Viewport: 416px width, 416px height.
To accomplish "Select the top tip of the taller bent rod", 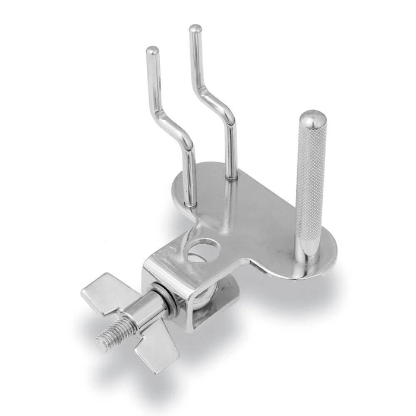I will coord(193,29).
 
